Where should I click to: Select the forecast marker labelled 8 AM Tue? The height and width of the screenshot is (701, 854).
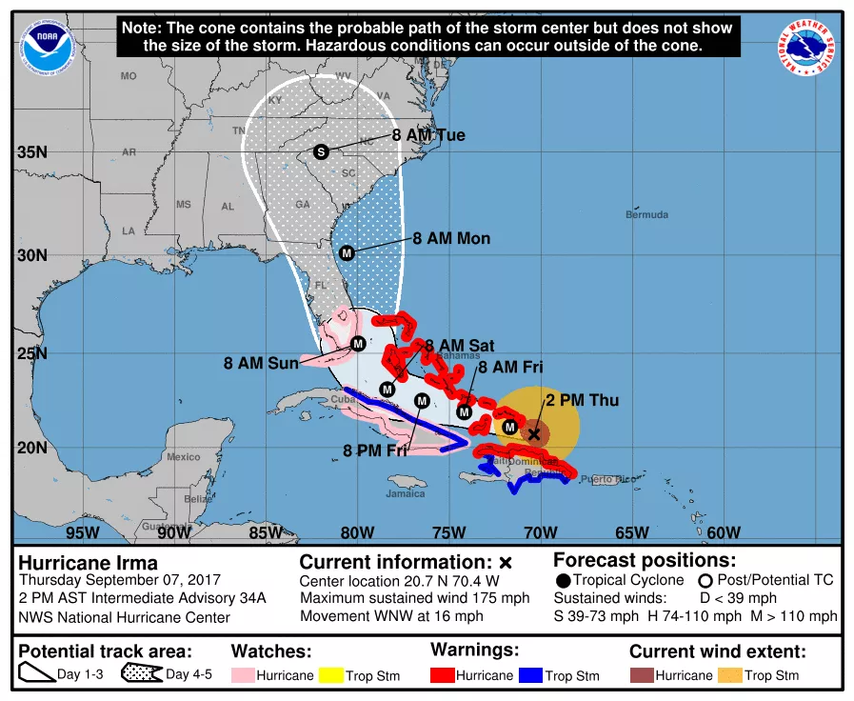pos(321,151)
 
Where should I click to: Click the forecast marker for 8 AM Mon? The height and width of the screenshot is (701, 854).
pos(347,253)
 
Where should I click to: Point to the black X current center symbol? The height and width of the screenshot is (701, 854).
pos(534,433)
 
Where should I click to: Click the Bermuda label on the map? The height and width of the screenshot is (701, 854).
pos(646,215)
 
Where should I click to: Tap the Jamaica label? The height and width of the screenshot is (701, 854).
pos(406,493)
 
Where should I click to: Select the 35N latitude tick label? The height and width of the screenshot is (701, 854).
pos(32,152)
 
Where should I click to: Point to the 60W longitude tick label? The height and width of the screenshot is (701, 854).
pos(724,532)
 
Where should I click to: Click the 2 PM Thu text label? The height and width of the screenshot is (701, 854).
pos(582,401)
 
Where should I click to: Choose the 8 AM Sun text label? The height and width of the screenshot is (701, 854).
pos(261,363)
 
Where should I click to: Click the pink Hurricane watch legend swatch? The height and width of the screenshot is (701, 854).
pos(245,675)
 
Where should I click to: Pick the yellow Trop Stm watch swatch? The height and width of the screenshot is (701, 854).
pos(328,675)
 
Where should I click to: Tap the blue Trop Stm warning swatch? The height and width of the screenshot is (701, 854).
pos(529,675)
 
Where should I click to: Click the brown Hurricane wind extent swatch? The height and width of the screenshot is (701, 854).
pos(641,675)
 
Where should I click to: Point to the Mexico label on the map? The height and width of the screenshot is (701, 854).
pos(183,457)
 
